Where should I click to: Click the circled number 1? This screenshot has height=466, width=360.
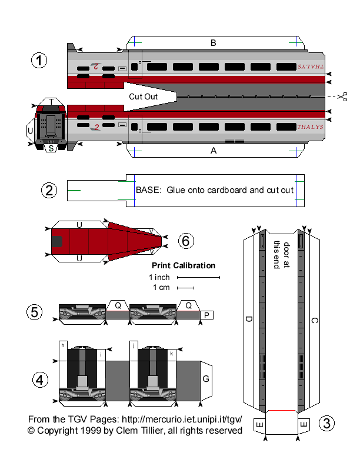point(39,61)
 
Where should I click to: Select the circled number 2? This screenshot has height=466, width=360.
point(49,190)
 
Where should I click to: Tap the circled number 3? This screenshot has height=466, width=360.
point(328,422)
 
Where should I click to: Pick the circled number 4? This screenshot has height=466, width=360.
point(40,380)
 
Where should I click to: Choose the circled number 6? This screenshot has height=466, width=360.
point(185,241)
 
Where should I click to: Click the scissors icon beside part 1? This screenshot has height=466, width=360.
point(343,96)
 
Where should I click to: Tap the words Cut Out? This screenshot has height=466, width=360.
point(144,96)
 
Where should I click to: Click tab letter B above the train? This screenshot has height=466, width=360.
point(214,42)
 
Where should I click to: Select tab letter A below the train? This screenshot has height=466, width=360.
point(214,151)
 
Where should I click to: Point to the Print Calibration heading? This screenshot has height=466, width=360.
point(184,265)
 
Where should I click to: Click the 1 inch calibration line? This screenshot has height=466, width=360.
point(198,277)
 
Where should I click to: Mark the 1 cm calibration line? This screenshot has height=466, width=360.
point(186,288)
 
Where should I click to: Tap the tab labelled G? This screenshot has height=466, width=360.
point(206,379)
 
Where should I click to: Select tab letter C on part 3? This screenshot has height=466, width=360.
point(314,321)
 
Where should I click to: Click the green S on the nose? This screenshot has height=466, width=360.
point(52,148)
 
